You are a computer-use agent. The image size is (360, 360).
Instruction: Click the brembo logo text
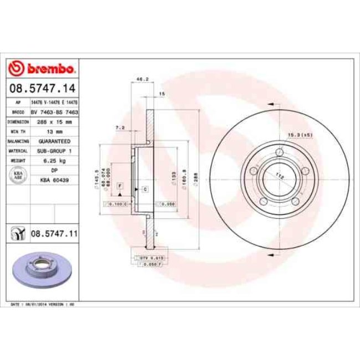(49, 69)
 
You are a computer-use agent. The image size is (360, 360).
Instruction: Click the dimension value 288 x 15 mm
(54, 121)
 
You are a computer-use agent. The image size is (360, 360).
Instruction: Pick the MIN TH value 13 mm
(54, 131)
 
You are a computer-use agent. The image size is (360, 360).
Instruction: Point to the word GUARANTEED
(54, 141)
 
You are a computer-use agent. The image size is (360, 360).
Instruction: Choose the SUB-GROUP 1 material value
(54, 151)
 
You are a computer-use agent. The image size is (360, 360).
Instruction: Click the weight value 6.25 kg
(54, 161)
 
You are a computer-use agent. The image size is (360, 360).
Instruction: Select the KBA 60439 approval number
(54, 181)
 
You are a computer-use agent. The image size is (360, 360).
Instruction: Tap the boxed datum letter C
(145, 189)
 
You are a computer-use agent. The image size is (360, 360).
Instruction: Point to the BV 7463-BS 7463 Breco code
(54, 111)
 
